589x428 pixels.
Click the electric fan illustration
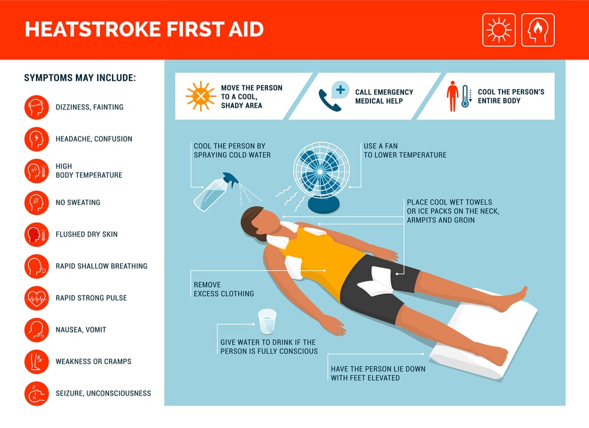(x=322, y=171)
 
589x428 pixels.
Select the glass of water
(x=267, y=321)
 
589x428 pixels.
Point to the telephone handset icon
(x=328, y=100)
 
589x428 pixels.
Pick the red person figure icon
(x=452, y=97)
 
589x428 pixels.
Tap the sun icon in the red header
(x=499, y=30)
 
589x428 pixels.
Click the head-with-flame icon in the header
(x=538, y=30)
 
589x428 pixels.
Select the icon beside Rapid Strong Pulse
(x=37, y=298)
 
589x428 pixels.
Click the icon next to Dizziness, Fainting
(x=37, y=107)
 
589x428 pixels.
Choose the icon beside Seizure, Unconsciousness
(x=37, y=393)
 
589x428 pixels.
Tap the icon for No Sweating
(x=37, y=203)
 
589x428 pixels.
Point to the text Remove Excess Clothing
(x=224, y=289)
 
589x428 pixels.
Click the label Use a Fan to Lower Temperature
(x=405, y=151)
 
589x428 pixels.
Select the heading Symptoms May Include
(x=80, y=78)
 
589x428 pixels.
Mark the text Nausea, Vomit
(x=81, y=330)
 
